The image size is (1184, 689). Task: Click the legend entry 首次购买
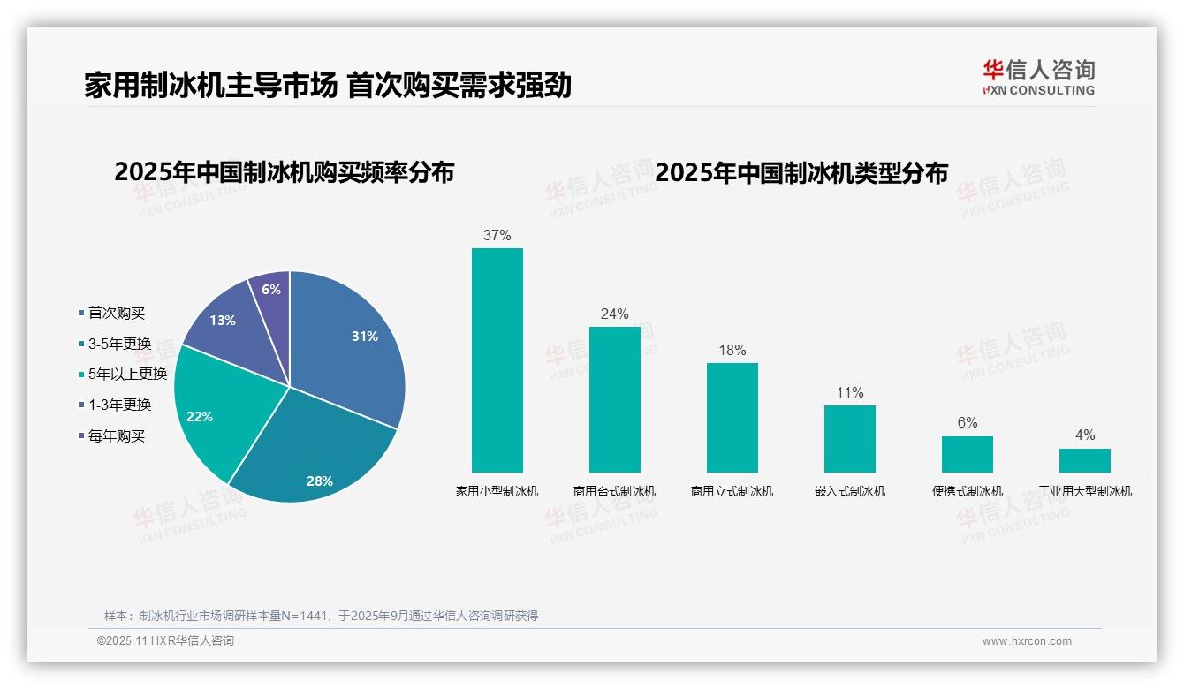point(116,313)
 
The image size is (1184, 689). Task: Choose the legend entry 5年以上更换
point(127,374)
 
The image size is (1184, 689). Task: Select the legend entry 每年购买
point(116,435)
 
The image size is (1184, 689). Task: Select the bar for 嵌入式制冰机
point(849,439)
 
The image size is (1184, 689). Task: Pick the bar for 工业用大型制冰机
point(1084,460)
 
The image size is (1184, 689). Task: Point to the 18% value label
point(732,351)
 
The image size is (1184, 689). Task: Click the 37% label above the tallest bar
point(497,236)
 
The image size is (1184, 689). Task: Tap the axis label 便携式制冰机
point(968,491)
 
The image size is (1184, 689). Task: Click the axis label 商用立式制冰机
point(732,491)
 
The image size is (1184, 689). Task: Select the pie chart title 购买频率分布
point(284,172)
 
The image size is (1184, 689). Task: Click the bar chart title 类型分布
point(801,172)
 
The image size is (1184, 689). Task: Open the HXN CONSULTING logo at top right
point(1038,78)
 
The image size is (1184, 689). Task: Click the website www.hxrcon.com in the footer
point(1026,641)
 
